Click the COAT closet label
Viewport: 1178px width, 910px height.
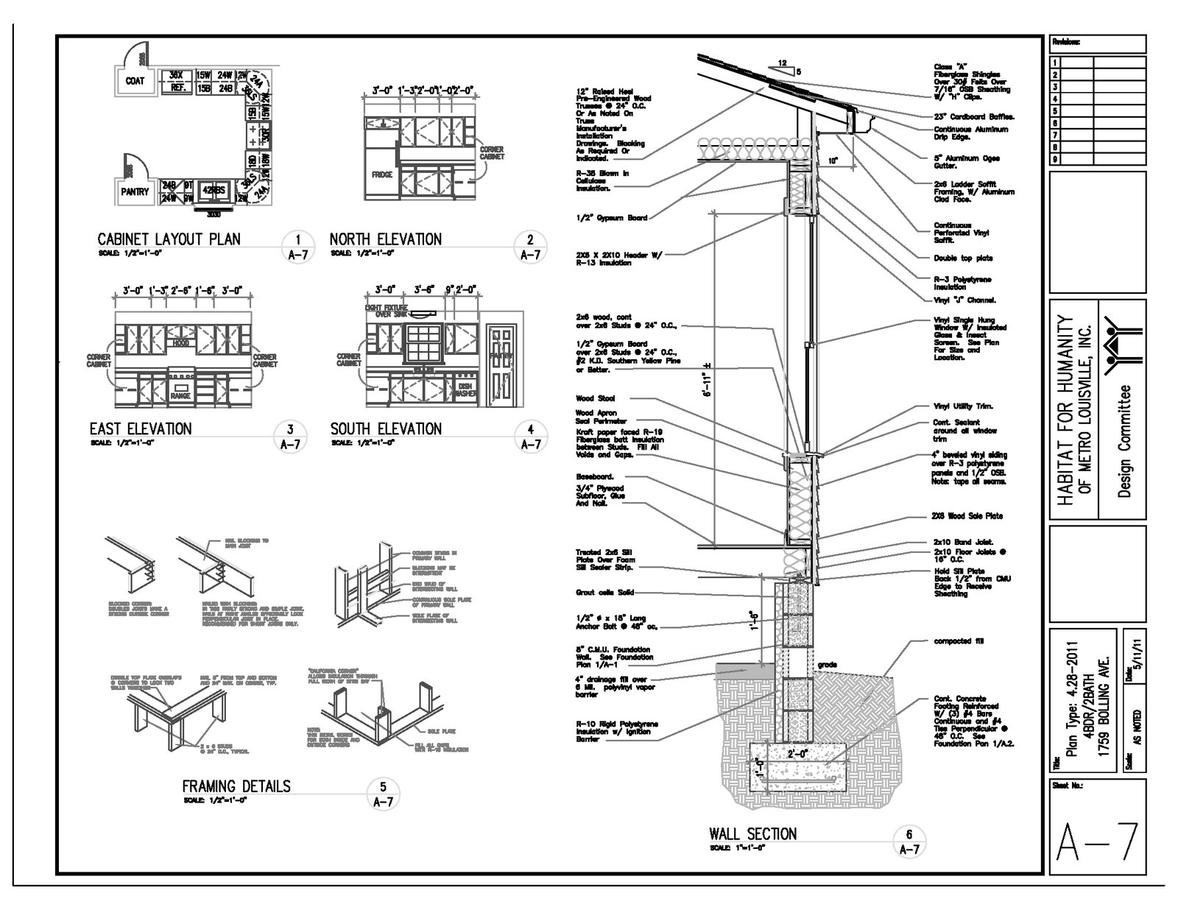pyautogui.click(x=135, y=81)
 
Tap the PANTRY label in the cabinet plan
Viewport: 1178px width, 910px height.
pyautogui.click(x=135, y=191)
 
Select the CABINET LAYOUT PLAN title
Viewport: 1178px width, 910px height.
pyautogui.click(x=169, y=239)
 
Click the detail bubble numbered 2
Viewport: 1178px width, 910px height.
pyautogui.click(x=530, y=239)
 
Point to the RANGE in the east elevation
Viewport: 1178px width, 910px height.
pyautogui.click(x=180, y=395)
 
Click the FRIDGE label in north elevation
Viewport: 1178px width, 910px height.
pyautogui.click(x=381, y=175)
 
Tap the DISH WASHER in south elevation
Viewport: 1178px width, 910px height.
pyautogui.click(x=465, y=389)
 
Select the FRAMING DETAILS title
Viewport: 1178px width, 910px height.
pyautogui.click(x=236, y=786)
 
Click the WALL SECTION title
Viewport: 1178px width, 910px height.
pyautogui.click(x=752, y=834)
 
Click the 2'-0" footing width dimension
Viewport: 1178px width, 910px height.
pyautogui.click(x=797, y=754)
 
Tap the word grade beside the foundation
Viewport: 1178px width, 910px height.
pyautogui.click(x=827, y=665)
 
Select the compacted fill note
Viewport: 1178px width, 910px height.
pyautogui.click(x=952, y=641)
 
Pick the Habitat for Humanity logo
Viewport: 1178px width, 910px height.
pyautogui.click(x=1123, y=339)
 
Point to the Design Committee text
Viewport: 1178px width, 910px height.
pyautogui.click(x=1124, y=441)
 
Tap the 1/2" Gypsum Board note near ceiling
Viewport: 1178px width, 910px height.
pyautogui.click(x=612, y=218)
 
